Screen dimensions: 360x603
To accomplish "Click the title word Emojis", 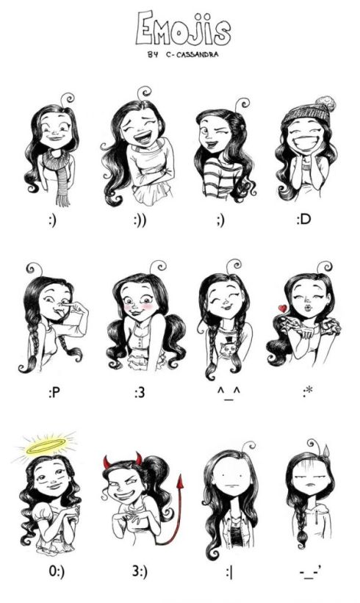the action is [x=183, y=29].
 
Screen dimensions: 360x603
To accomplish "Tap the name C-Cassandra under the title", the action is [x=192, y=54].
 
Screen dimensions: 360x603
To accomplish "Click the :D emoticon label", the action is [x=303, y=220].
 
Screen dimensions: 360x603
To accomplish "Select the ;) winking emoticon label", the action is [x=220, y=220].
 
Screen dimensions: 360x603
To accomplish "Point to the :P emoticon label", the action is [x=54, y=393].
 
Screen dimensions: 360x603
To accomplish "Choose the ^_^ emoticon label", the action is [x=228, y=394].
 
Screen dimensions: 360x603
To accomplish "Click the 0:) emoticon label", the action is [x=57, y=571].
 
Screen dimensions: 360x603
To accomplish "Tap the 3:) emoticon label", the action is [x=140, y=571].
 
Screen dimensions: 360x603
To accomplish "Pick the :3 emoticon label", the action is [x=140, y=393].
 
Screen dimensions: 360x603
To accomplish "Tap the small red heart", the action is [x=283, y=308].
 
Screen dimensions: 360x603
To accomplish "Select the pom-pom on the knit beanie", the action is [x=325, y=104].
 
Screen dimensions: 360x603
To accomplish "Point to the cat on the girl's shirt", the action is [x=230, y=348].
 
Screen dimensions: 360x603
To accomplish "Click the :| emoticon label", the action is [x=229, y=572].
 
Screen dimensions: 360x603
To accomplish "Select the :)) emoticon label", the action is [x=140, y=220].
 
